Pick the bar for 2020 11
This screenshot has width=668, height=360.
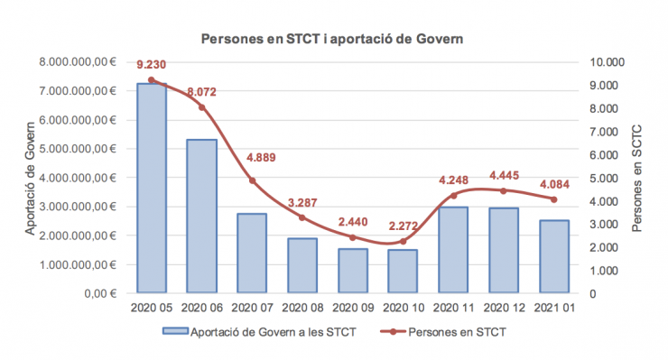tap(454, 250)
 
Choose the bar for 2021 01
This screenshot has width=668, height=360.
tap(554, 256)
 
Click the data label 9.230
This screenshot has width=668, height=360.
tap(152, 65)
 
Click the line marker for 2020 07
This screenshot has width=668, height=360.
tap(253, 180)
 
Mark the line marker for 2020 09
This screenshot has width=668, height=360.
tap(353, 237)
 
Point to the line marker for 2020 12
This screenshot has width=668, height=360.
tap(504, 190)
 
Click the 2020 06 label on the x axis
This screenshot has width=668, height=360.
tap(202, 309)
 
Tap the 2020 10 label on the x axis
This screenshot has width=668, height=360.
tap(404, 309)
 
